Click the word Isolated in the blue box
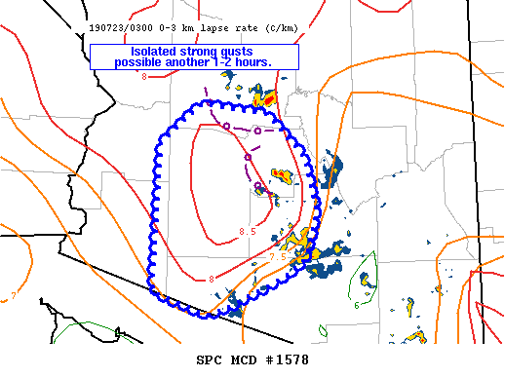132,51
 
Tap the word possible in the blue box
140,62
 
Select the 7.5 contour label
278,256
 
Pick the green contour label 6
357,304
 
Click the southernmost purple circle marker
258,186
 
